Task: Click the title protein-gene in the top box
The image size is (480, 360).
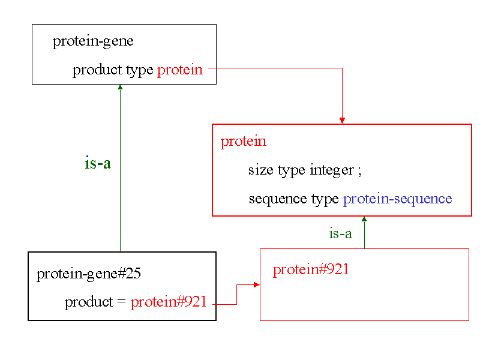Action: click(93, 41)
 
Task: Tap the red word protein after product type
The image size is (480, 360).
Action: click(180, 70)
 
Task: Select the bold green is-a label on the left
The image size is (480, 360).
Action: click(98, 163)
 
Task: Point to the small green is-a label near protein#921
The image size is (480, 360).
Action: click(340, 234)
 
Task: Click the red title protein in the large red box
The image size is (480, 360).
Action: click(243, 142)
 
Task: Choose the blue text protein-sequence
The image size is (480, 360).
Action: click(397, 199)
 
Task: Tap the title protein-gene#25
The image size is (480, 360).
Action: click(89, 274)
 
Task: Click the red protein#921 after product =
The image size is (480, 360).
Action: click(169, 302)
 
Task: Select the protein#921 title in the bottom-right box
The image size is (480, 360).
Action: click(311, 269)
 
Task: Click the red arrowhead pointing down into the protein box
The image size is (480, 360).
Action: click(342, 121)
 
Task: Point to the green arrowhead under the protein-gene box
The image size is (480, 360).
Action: click(120, 88)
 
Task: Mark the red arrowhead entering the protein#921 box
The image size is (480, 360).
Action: click(257, 284)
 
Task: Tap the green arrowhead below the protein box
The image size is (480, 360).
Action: click(364, 220)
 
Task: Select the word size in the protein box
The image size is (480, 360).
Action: click(260, 170)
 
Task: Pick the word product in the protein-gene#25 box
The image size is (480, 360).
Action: click(88, 302)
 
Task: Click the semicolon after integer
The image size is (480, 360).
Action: click(359, 171)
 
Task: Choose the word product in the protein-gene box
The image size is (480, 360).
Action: click(97, 70)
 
